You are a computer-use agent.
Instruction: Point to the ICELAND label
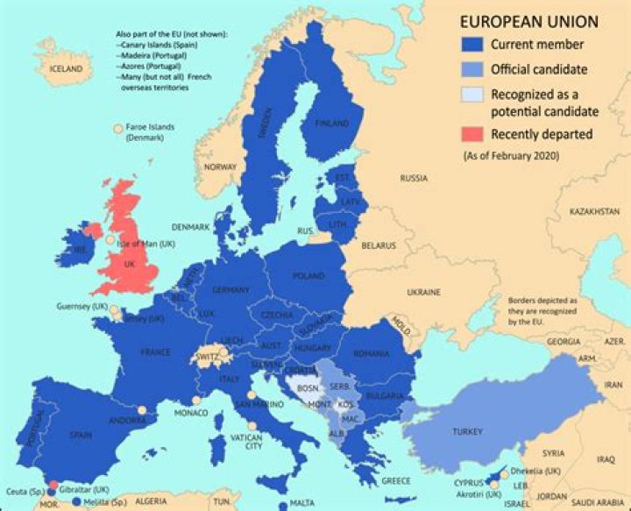[x=66, y=68]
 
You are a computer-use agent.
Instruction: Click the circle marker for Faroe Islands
[x=118, y=129]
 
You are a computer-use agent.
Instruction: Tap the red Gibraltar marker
[x=53, y=485]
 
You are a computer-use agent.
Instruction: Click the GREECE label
[x=396, y=480]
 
